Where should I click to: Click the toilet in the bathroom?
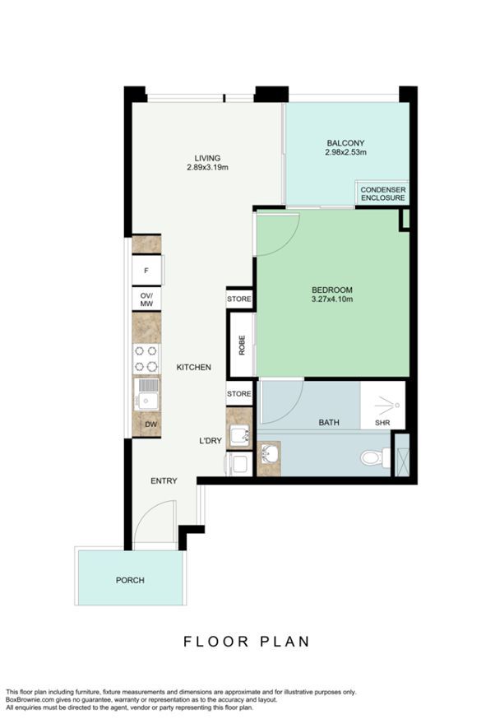point(375,457)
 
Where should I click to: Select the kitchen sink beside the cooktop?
point(146,394)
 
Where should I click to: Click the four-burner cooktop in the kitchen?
point(146,359)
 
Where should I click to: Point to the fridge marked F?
point(147,271)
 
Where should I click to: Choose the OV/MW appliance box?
point(146,299)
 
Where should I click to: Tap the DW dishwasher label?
point(150,424)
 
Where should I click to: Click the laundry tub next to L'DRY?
point(239,434)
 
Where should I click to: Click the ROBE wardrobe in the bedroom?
point(242,345)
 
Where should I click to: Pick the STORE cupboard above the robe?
point(239,299)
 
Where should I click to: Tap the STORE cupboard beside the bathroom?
point(239,394)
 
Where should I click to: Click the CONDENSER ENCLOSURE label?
point(382,193)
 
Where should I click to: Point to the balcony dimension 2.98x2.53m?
point(345,152)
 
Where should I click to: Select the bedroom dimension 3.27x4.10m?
point(332,299)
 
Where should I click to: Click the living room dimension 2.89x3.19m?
point(207,167)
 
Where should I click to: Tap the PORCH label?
point(130,580)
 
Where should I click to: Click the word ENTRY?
point(164,480)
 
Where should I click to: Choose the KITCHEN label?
point(194,367)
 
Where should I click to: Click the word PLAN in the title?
point(285,641)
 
